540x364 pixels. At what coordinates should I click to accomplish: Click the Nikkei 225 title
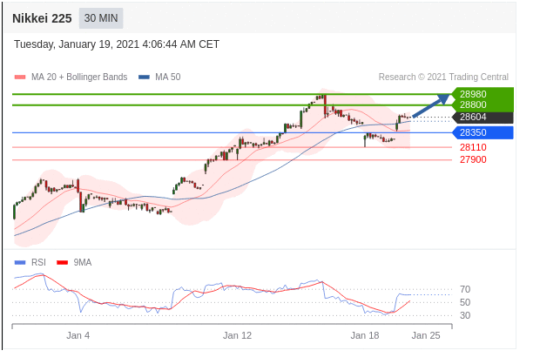pyautogui.click(x=42, y=17)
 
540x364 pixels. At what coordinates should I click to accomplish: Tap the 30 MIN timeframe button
pyautogui.click(x=102, y=17)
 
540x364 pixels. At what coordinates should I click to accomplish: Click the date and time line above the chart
pyautogui.click(x=117, y=44)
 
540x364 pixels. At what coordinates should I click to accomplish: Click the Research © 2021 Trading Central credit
pyautogui.click(x=443, y=77)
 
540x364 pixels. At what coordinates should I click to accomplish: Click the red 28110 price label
pyautogui.click(x=473, y=147)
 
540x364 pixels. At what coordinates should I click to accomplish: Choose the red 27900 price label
pyautogui.click(x=473, y=159)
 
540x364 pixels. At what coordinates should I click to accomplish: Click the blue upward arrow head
pyautogui.click(x=445, y=97)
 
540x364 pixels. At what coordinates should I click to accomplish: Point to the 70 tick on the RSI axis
pyautogui.click(x=465, y=289)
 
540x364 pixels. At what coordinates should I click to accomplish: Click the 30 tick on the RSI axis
pyautogui.click(x=465, y=315)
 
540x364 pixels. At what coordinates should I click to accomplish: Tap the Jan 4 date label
pyautogui.click(x=78, y=334)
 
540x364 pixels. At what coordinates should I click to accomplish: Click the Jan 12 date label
pyautogui.click(x=237, y=334)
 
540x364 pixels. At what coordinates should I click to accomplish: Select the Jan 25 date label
pyautogui.click(x=426, y=334)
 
